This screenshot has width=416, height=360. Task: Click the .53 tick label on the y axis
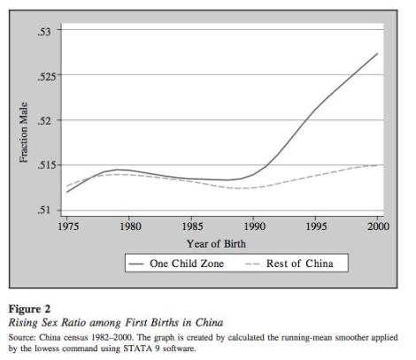click(46, 31)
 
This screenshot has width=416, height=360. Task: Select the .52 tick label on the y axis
click(46, 119)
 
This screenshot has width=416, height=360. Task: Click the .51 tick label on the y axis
click(46, 210)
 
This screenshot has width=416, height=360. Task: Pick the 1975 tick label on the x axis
click(67, 225)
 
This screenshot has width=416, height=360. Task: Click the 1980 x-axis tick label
click(129, 225)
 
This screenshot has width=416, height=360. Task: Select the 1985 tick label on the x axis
click(191, 225)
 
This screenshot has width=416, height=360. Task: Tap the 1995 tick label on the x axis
click(316, 225)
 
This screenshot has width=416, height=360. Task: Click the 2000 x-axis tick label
click(378, 225)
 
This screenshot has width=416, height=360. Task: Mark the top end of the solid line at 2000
click(378, 54)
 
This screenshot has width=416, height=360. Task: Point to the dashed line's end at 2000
click(378, 165)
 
